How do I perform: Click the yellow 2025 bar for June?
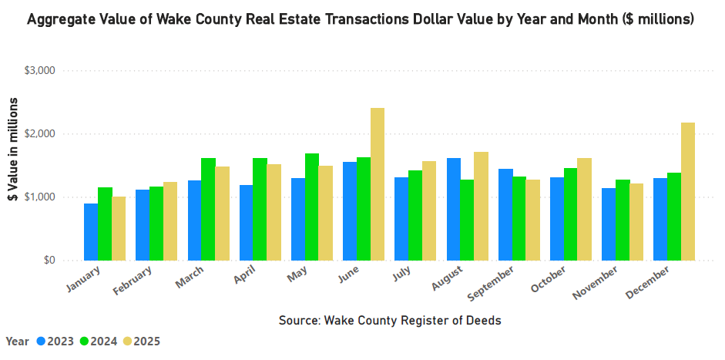click(x=378, y=184)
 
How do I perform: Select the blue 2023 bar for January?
click(x=91, y=232)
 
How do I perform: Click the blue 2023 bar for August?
click(x=453, y=209)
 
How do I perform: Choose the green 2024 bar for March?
click(x=208, y=209)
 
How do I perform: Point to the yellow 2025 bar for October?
click(x=584, y=209)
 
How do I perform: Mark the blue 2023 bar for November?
click(x=609, y=224)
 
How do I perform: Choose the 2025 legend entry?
click(x=141, y=341)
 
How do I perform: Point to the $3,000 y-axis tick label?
click(x=40, y=71)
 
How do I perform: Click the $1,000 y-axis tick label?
click(x=40, y=197)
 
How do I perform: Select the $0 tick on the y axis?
click(x=47, y=261)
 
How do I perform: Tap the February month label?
click(x=136, y=283)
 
